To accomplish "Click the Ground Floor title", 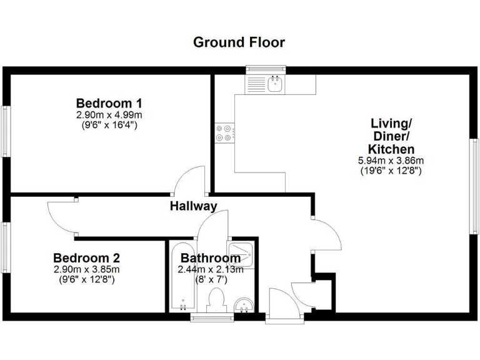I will (x=239, y=42).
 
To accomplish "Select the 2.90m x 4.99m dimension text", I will (x=109, y=115).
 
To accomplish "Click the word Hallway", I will (x=194, y=206).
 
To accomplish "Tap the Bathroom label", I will (x=211, y=258).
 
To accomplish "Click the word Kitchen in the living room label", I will (x=391, y=149).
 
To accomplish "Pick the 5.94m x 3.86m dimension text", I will (x=391, y=161).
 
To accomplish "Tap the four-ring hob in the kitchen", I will (x=224, y=132).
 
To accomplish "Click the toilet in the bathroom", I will (x=217, y=299).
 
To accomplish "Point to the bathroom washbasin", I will (x=244, y=304).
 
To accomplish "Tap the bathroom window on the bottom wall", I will (x=208, y=318).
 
